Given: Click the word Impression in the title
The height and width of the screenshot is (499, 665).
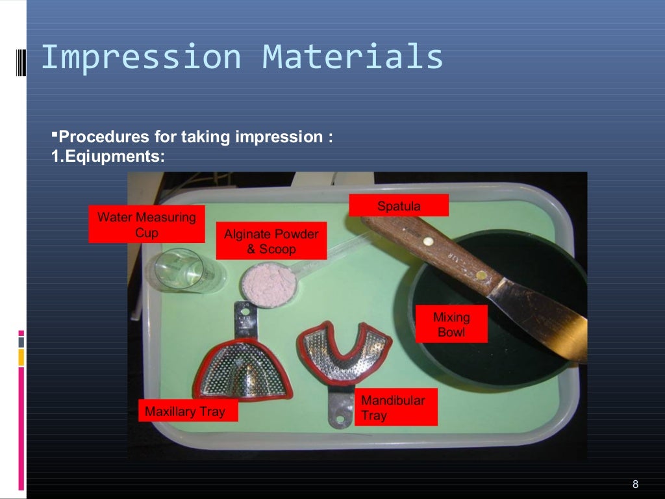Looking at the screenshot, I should click(x=140, y=57).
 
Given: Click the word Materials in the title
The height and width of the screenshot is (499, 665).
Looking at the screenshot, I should click(x=353, y=57).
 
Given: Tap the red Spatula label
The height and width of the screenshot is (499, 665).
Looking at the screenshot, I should click(x=399, y=206).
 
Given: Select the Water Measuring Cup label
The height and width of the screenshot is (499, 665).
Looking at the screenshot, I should click(x=147, y=224).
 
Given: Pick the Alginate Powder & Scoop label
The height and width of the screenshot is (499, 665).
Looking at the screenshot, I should click(x=271, y=241).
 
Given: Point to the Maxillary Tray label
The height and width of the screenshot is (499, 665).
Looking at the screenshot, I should click(x=188, y=411).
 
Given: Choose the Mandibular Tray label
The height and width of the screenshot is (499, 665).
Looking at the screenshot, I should click(x=396, y=407).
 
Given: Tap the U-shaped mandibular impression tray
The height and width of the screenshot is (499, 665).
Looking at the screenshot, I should click(x=344, y=351).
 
